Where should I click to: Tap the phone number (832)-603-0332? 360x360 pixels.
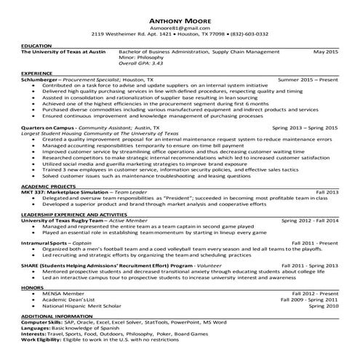pyautogui.click(x=247, y=34)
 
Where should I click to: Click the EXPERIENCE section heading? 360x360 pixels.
pyautogui.click(x=37, y=73)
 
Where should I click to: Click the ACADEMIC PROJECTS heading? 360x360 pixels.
pyautogui.click(x=49, y=186)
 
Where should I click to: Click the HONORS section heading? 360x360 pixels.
pyautogui.click(x=33, y=287)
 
